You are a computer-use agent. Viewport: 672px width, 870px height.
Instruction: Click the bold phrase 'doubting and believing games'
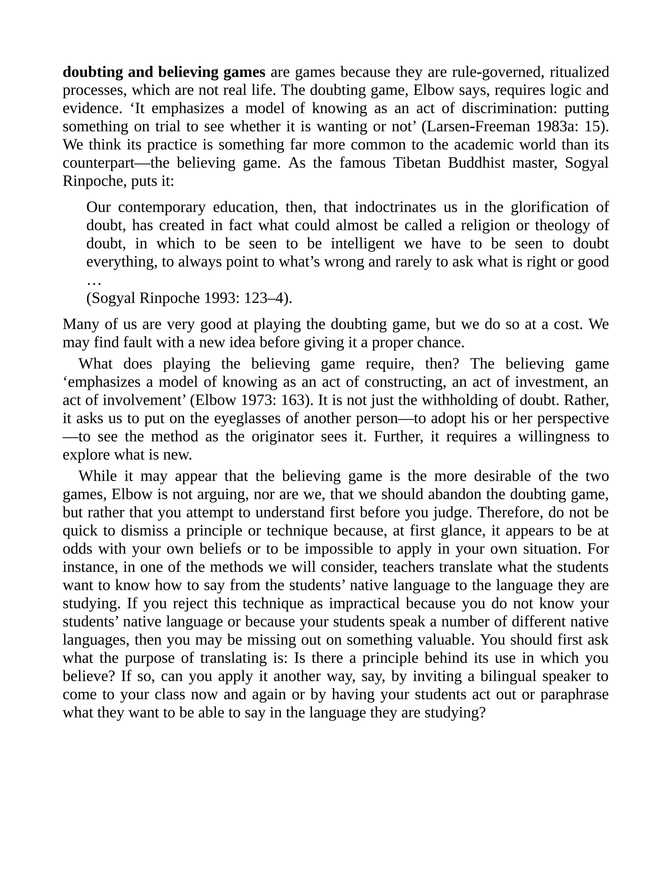pos(164,72)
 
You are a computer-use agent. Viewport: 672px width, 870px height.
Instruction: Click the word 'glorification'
pos(549,207)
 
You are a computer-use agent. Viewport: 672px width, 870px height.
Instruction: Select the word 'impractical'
pos(364,603)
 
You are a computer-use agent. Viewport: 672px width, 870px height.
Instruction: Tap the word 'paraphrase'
pos(574,694)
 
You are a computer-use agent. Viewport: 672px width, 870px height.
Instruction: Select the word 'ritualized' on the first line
pos(579,72)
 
